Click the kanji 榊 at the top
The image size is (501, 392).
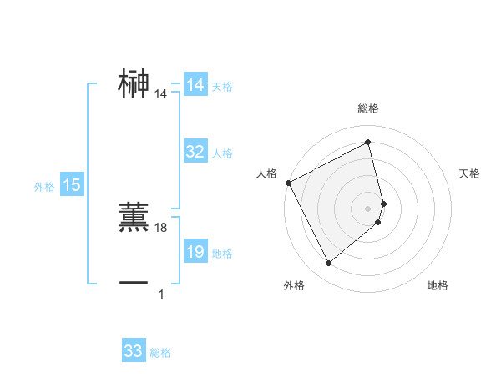[x=134, y=83]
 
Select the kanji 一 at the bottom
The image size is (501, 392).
[x=134, y=283]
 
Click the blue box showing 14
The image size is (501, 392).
[x=195, y=85]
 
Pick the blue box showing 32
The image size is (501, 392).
[x=195, y=152]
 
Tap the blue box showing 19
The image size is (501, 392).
[x=195, y=252]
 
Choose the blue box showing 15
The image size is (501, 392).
[x=72, y=185]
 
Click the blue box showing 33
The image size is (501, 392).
[x=134, y=351]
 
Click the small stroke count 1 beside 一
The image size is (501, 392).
[x=161, y=294]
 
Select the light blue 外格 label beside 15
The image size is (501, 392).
[x=44, y=187]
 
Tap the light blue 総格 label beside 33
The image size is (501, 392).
[x=160, y=353]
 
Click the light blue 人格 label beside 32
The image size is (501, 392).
[x=222, y=153]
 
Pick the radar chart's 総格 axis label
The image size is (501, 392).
[x=368, y=108]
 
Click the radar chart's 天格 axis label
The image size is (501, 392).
[x=469, y=173]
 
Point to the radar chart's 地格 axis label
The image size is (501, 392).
[x=438, y=286]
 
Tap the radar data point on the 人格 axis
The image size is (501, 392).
[x=288, y=183]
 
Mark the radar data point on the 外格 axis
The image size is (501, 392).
[x=328, y=264]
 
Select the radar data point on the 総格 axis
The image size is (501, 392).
[x=368, y=143]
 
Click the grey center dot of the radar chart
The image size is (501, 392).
[x=368, y=208]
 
